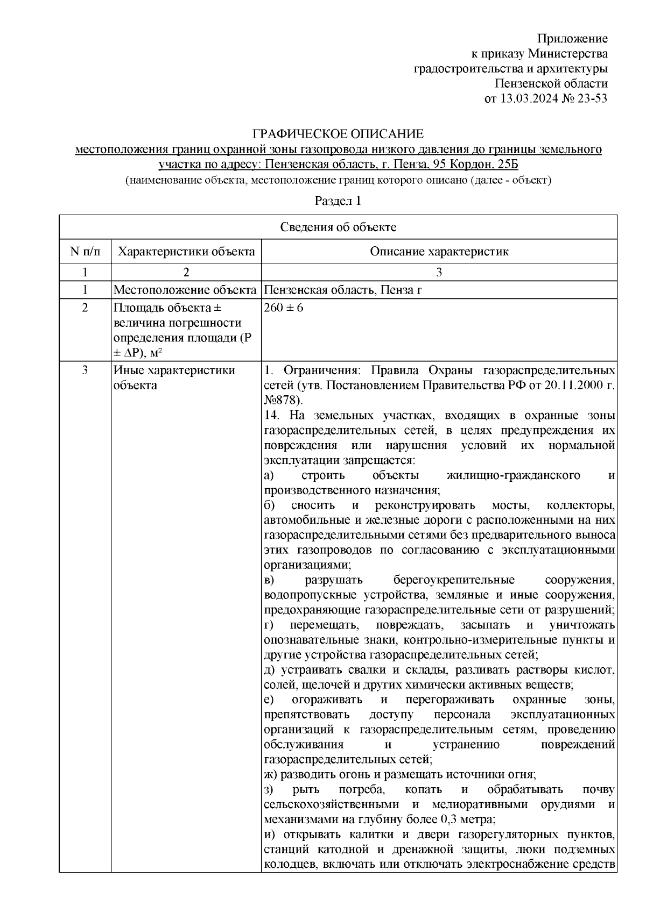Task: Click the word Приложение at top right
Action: (573, 39)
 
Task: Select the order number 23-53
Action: (590, 98)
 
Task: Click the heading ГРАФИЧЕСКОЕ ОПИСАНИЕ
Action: (339, 133)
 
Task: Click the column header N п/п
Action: (85, 252)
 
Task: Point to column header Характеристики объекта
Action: (186, 252)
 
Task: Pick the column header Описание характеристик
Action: (439, 252)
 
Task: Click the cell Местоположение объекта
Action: (185, 291)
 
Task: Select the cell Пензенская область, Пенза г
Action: (342, 291)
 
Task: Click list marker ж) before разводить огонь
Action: (271, 775)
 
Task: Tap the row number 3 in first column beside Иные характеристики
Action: (85, 370)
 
